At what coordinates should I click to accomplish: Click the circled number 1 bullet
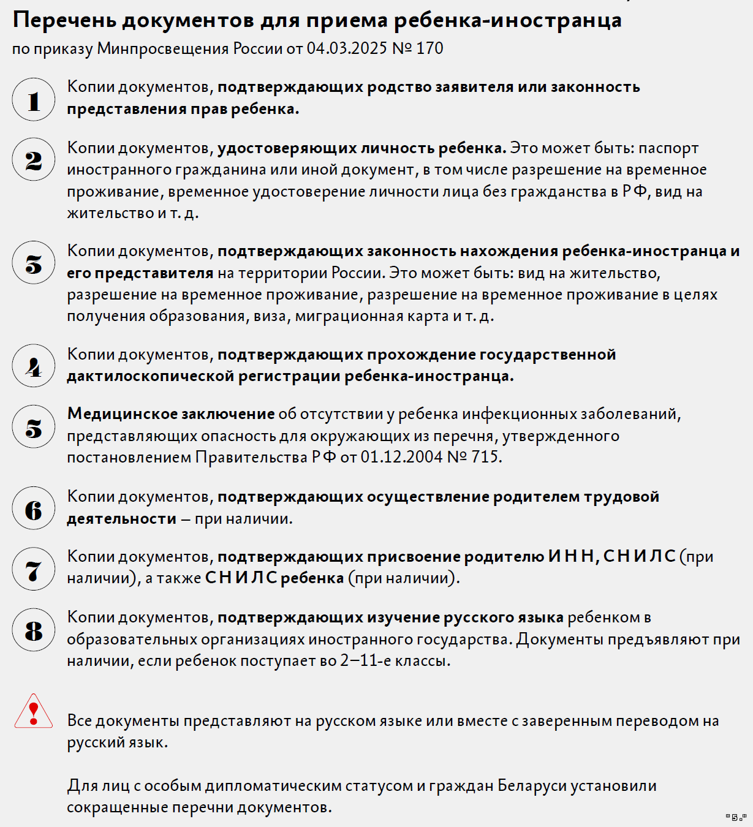tap(34, 99)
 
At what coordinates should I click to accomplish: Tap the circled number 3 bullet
tap(34, 263)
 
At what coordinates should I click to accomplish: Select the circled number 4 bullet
tap(34, 366)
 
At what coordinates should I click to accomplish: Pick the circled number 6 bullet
tap(34, 508)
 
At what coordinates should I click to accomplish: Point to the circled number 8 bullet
tap(34, 630)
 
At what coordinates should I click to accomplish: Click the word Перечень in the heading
tap(64, 21)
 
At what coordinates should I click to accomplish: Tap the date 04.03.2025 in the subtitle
tap(347, 48)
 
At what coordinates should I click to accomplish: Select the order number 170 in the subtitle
tap(429, 48)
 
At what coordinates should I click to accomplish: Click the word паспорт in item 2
tap(669, 148)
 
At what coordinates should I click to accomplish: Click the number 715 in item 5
tap(485, 458)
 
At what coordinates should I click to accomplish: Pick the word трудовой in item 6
tap(622, 497)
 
